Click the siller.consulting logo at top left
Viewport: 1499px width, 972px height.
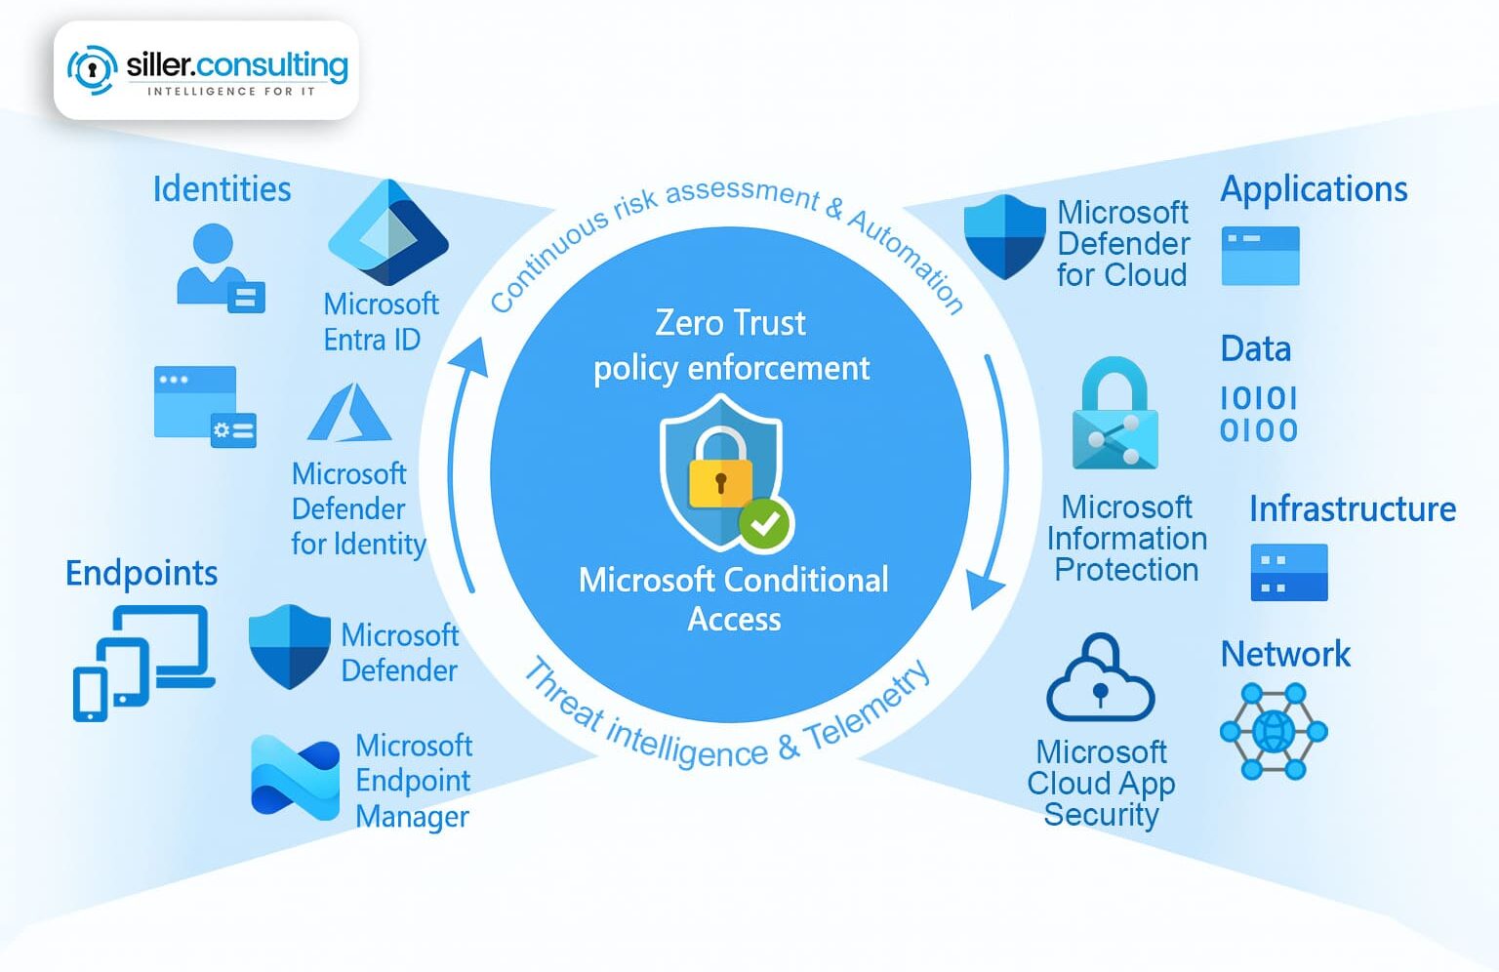tap(207, 70)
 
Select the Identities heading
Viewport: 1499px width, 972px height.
tap(222, 188)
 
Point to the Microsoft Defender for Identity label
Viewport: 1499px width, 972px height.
tap(358, 508)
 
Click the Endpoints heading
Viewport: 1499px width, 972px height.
tap(142, 573)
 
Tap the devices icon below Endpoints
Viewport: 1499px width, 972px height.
tap(142, 662)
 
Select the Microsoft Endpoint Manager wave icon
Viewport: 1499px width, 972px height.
tap(295, 778)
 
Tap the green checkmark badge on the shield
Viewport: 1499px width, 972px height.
tap(765, 524)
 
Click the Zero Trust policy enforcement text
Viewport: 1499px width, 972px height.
tap(731, 345)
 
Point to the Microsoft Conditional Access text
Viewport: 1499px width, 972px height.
tap(733, 599)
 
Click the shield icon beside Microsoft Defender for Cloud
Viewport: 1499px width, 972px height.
tap(1004, 236)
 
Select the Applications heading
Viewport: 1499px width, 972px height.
tap(1314, 188)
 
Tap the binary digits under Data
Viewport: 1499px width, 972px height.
tap(1259, 414)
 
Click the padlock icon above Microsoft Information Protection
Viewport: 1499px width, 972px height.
tap(1114, 414)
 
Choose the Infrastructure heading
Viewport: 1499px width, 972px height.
tap(1352, 508)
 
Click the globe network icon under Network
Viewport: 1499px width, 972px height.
tap(1274, 731)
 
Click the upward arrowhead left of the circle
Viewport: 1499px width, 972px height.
tap(470, 357)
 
